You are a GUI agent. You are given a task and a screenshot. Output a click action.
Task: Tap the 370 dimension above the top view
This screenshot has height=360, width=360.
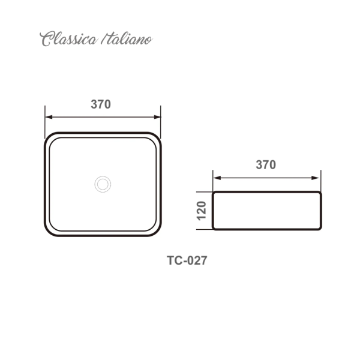[x=101, y=104]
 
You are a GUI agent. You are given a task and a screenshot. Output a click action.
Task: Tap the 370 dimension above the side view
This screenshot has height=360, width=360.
[x=266, y=165]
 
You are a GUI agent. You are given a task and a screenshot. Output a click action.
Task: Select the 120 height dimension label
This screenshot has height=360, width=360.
[x=202, y=211]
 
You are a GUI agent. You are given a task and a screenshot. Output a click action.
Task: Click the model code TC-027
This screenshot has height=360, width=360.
[x=187, y=261]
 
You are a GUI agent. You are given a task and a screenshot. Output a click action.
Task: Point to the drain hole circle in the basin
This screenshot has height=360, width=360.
[x=103, y=183]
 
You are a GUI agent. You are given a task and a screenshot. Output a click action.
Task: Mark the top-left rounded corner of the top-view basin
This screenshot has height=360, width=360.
[x=49, y=137]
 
